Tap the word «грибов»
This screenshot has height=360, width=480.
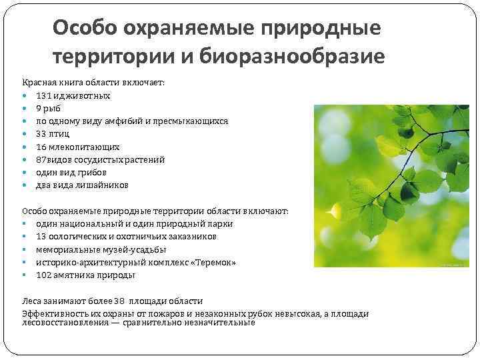91,172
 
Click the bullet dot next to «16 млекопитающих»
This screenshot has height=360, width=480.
25,147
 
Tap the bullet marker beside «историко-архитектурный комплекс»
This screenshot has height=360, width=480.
25,263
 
